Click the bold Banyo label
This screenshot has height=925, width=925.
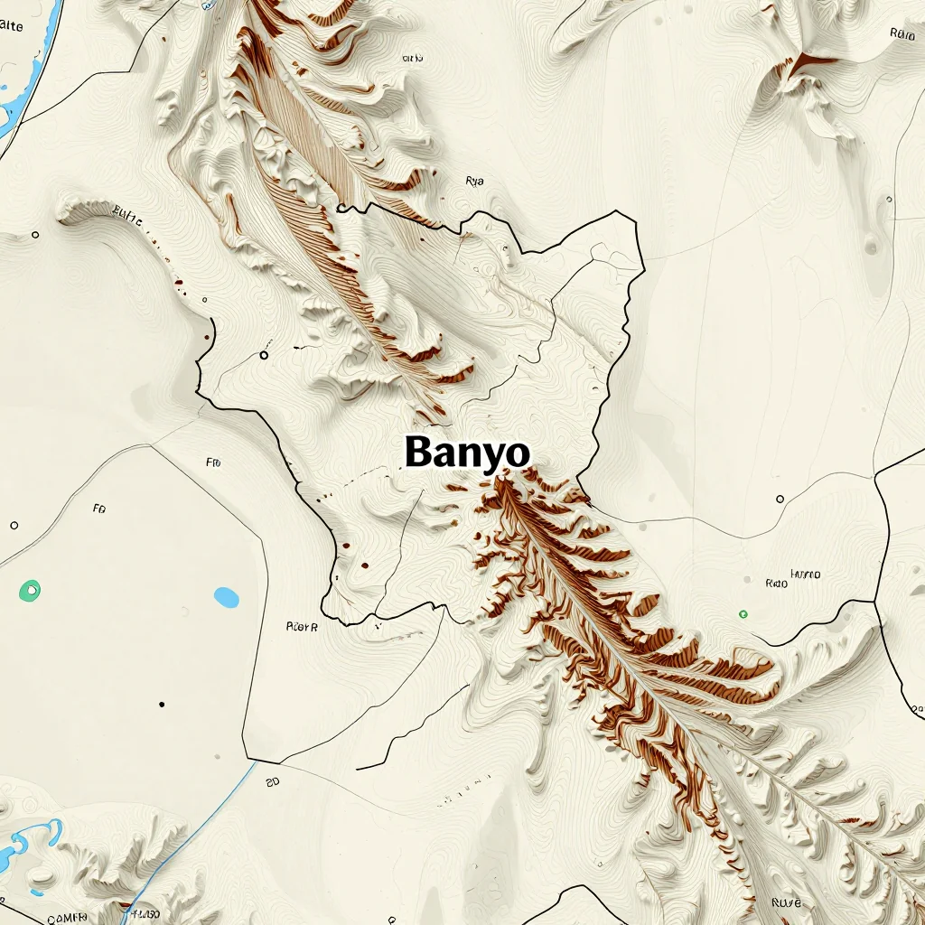click(x=467, y=452)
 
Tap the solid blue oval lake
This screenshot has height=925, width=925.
click(x=227, y=597)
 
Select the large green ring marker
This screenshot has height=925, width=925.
click(x=30, y=591)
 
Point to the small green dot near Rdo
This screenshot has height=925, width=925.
click(x=743, y=614)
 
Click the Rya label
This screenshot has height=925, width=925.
click(x=474, y=181)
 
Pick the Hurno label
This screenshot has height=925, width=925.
click(x=805, y=574)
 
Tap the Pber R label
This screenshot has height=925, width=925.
click(x=302, y=625)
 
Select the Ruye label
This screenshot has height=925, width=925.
click(x=787, y=902)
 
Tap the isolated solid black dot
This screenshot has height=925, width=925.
click(x=162, y=704)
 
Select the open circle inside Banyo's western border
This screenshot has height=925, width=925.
click(x=264, y=355)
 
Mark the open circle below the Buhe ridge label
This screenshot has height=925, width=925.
click(x=35, y=235)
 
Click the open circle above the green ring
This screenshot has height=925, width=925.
click(x=14, y=525)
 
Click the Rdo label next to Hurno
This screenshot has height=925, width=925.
click(x=776, y=584)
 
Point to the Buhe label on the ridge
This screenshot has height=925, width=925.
click(x=127, y=214)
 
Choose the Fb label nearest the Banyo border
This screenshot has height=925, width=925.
click(x=213, y=462)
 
